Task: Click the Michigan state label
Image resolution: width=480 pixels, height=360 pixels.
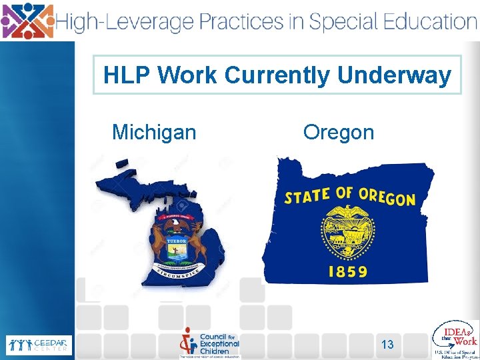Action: pyautogui.click(x=154, y=132)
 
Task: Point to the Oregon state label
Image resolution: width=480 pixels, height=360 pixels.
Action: pyautogui.click(x=339, y=132)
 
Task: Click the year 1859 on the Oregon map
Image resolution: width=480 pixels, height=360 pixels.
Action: pyautogui.click(x=347, y=271)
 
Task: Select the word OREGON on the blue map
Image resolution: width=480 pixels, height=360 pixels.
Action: pyautogui.click(x=387, y=197)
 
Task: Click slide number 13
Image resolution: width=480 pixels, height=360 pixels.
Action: pyautogui.click(x=387, y=345)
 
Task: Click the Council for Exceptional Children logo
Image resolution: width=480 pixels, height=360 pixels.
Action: pyautogui.click(x=210, y=342)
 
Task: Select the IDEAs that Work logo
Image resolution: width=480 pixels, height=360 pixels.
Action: pyautogui.click(x=455, y=338)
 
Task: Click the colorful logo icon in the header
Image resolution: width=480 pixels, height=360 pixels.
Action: pyautogui.click(x=27, y=20)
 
